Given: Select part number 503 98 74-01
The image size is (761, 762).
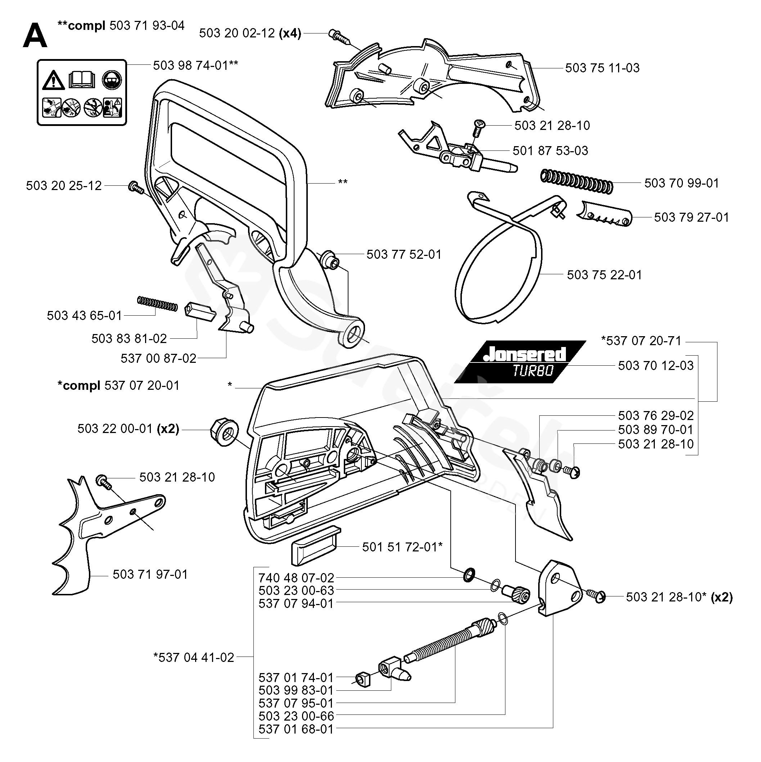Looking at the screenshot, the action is click(190, 65).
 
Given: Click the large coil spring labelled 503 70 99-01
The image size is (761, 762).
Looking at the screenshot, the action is click(576, 181).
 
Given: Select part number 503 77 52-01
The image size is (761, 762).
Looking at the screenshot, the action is click(404, 254).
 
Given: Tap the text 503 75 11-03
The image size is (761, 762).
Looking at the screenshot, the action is click(602, 68).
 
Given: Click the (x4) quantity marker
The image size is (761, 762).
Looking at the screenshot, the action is click(290, 33).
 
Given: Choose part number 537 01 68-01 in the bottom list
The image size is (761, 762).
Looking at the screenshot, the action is click(296, 729).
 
